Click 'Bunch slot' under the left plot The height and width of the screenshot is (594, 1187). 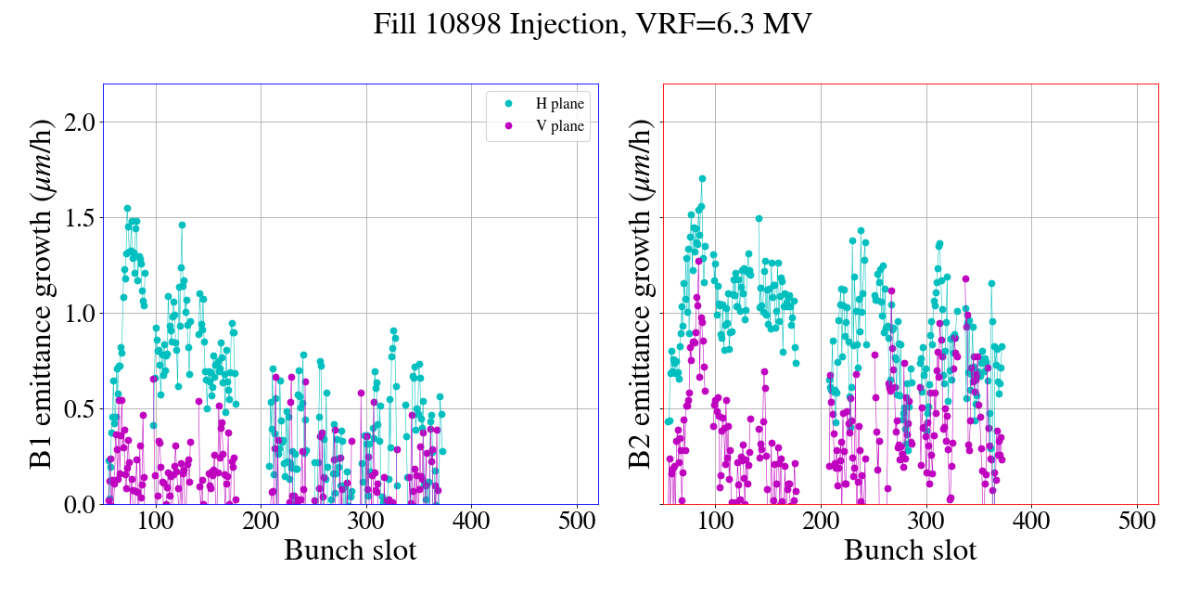350,550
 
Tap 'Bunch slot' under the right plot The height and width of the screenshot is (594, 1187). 910,550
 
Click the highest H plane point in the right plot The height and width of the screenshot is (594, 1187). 702,178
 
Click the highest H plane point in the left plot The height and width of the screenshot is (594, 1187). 127,209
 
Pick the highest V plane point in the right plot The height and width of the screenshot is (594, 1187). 965,278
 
